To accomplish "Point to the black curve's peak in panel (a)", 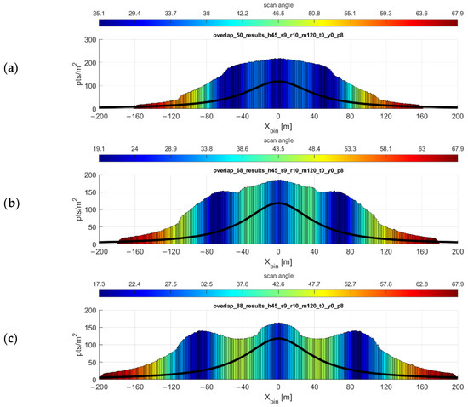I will point(278,82).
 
